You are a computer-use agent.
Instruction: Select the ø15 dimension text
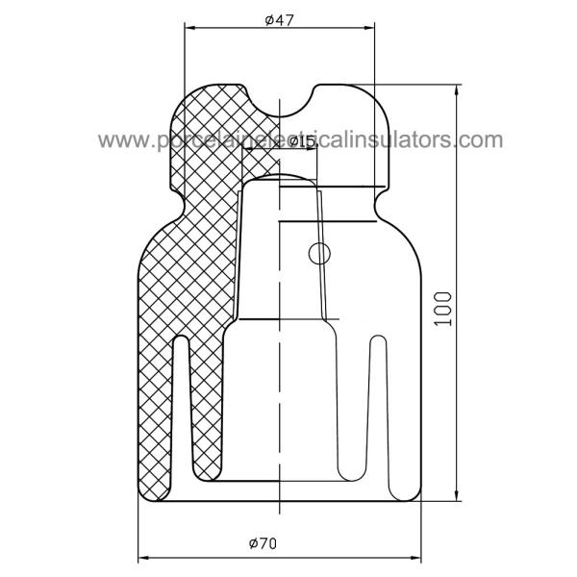tap(301, 140)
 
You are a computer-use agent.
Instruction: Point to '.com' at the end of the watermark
tap(480, 141)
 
